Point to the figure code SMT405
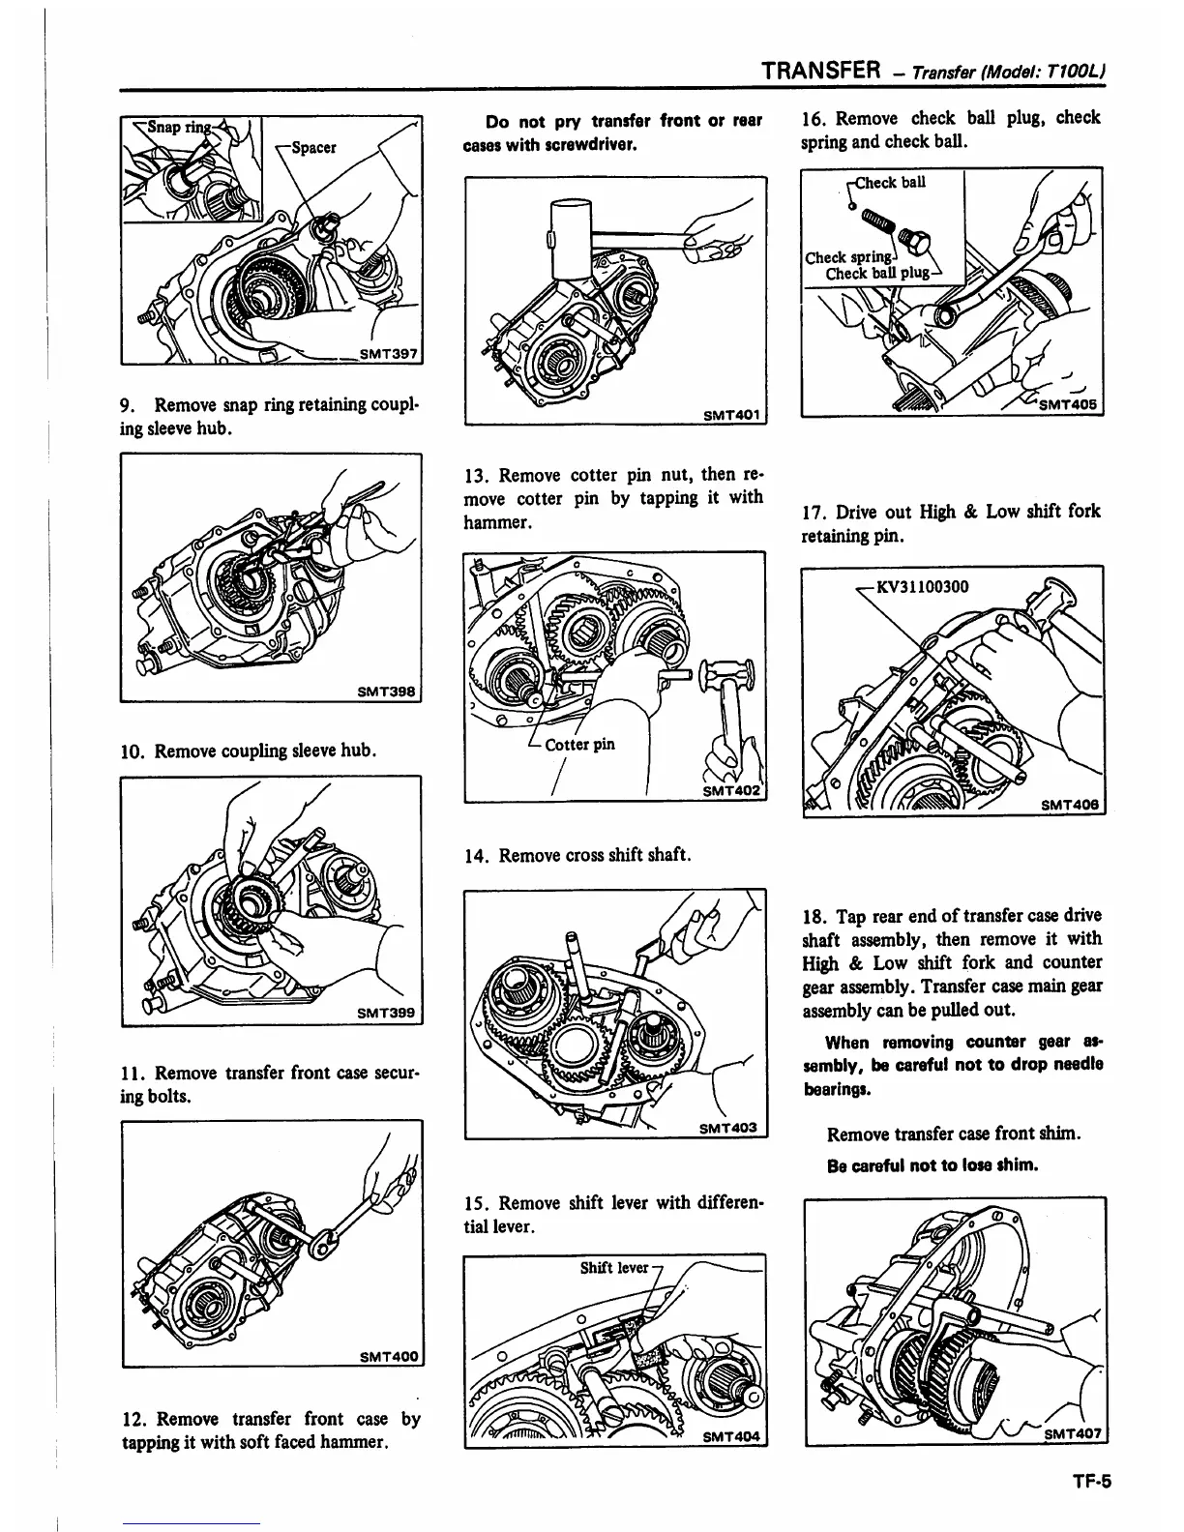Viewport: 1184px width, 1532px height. point(1069,405)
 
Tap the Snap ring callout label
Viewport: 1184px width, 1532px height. point(169,131)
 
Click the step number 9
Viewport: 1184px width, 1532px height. point(127,403)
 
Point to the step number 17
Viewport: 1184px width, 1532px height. point(813,512)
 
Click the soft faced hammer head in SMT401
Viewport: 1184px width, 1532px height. point(569,238)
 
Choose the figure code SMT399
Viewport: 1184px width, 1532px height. point(386,1013)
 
